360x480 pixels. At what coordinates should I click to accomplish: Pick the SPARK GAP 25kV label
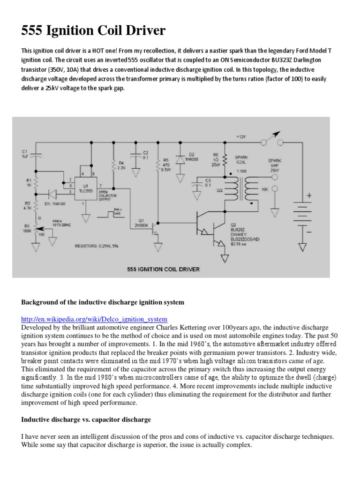click(x=275, y=165)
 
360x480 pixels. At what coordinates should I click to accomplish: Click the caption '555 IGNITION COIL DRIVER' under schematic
click(x=163, y=269)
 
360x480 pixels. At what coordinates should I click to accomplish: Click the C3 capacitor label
click(x=208, y=182)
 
